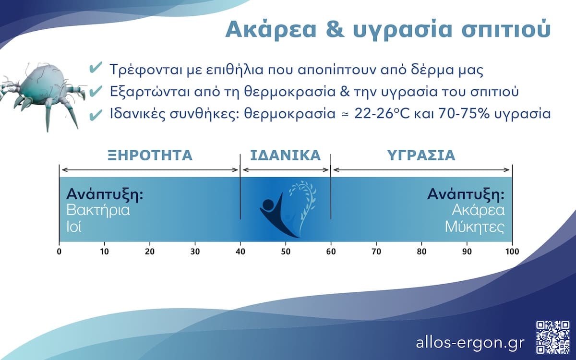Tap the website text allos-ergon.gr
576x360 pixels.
pyautogui.click(x=470, y=343)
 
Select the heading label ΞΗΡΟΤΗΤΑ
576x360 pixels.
pyautogui.click(x=149, y=156)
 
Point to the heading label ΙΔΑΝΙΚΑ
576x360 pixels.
pyautogui.click(x=285, y=156)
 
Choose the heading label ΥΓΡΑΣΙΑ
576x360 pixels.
pyautogui.click(x=421, y=156)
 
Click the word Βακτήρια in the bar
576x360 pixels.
pyautogui.click(x=98, y=211)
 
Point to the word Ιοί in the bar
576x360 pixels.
pyautogui.click(x=74, y=227)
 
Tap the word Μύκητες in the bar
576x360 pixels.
pyautogui.click(x=475, y=227)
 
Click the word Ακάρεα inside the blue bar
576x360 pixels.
pyautogui.click(x=478, y=211)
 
